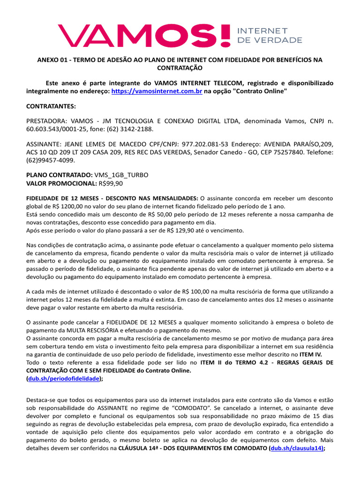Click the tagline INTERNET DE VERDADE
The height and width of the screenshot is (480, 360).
pyautogui.click(x=270, y=35)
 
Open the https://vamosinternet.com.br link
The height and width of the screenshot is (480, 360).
pyautogui.click(x=157, y=91)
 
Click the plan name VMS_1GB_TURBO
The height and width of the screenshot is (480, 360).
pyautogui.click(x=121, y=175)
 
